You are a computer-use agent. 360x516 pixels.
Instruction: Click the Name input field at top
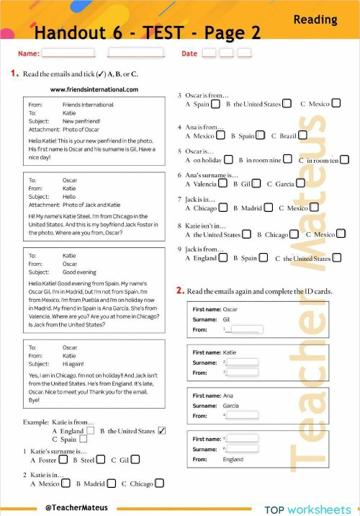tap(68, 53)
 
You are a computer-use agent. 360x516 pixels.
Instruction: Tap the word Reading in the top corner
tap(315, 20)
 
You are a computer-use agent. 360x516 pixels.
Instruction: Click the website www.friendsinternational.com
tap(94, 89)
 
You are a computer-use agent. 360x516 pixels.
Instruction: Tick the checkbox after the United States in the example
tap(161, 431)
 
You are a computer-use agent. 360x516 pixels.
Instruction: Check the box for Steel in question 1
tap(101, 460)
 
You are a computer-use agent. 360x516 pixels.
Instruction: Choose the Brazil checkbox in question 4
tap(302, 135)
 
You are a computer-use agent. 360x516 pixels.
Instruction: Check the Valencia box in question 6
tap(223, 184)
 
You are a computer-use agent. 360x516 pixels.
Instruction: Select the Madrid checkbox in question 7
tap(269, 208)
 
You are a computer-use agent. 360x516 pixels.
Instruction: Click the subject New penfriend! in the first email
tap(86, 121)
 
